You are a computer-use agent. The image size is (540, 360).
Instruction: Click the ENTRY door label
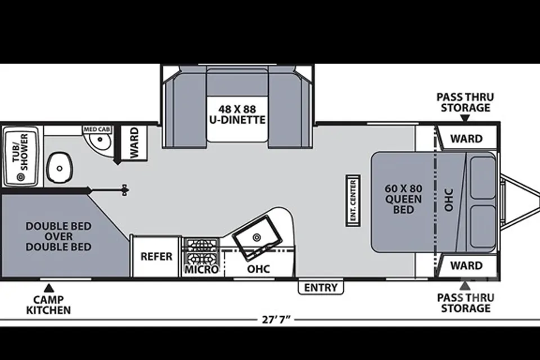pyautogui.click(x=321, y=287)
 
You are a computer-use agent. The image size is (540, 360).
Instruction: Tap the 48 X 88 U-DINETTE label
pyautogui.click(x=237, y=114)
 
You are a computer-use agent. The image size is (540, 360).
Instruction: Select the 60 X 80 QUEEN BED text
pyautogui.click(x=403, y=199)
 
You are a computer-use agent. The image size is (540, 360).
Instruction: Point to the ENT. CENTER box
pyautogui.click(x=353, y=200)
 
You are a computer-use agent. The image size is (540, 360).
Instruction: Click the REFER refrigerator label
pyautogui.click(x=156, y=256)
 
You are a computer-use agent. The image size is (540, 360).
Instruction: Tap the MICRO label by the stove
pyautogui.click(x=201, y=269)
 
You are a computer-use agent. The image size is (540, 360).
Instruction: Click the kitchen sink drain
pyautogui.click(x=256, y=237)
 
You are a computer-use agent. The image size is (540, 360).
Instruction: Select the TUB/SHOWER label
pyautogui.click(x=20, y=152)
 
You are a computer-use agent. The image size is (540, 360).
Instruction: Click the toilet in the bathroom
pyautogui.click(x=60, y=168)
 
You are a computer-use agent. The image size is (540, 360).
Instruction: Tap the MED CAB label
pyautogui.click(x=97, y=129)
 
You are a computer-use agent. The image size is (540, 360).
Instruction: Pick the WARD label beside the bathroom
pyautogui.click(x=134, y=143)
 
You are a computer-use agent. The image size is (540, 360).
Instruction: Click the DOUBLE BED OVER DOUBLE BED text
pyautogui.click(x=58, y=236)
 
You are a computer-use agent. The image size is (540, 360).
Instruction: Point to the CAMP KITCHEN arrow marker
pyautogui.click(x=49, y=287)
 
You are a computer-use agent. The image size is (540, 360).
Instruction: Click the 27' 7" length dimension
pyautogui.click(x=276, y=319)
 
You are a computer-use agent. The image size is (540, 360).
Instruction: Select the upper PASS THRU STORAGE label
pyautogui.click(x=465, y=102)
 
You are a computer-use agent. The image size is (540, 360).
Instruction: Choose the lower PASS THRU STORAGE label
pyautogui.click(x=466, y=303)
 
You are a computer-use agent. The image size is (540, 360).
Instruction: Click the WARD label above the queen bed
pyautogui.click(x=467, y=138)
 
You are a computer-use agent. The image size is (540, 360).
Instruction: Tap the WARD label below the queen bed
pyautogui.click(x=467, y=265)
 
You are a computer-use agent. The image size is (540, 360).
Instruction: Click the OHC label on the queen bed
pyautogui.click(x=448, y=200)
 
